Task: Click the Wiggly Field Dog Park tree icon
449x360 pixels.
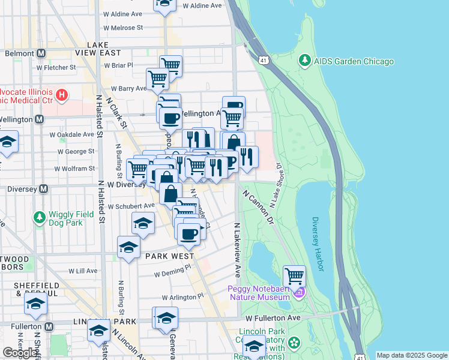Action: tap(40, 217)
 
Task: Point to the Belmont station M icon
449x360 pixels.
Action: tap(41, 53)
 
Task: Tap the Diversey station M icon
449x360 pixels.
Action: tap(43, 189)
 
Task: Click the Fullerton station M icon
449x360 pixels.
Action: tap(49, 326)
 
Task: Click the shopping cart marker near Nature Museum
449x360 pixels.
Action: tap(295, 277)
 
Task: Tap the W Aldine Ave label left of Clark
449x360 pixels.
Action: tap(124, 13)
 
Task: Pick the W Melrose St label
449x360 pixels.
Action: tap(122, 28)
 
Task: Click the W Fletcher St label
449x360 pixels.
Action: tap(56, 67)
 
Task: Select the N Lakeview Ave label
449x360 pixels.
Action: tap(237, 250)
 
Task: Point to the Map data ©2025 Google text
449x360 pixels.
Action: tap(411, 355)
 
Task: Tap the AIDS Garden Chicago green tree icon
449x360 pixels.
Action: tap(305, 61)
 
